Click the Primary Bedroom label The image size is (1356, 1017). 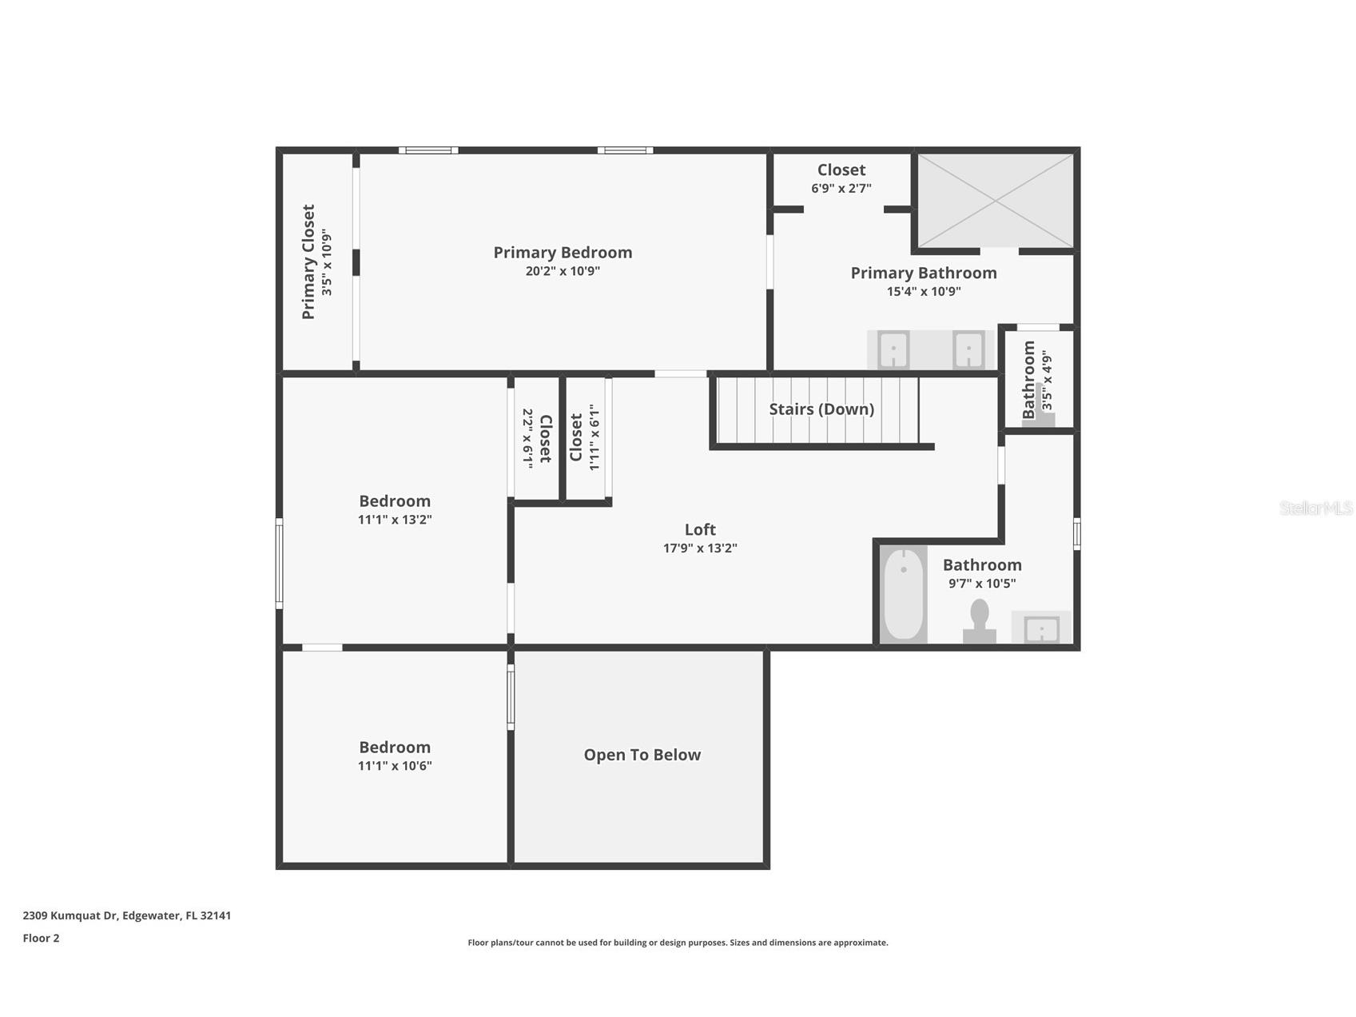coord(563,253)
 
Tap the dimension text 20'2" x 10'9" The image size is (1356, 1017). coord(563,271)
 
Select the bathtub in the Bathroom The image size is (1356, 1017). coord(904,594)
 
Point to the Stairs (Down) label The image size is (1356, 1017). coord(821,409)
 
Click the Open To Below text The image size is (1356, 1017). coord(642,756)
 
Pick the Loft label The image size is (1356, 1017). coord(700,529)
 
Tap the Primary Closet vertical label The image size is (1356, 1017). coord(308,262)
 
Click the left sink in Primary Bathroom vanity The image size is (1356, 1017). coord(893,350)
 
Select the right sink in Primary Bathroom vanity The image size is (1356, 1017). coord(968,350)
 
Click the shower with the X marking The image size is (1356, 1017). coord(995,201)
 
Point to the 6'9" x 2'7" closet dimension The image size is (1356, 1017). coord(841,189)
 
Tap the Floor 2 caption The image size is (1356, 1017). coord(41,939)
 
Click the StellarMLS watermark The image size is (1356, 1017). coord(1315,508)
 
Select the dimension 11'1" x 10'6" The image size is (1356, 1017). coord(395,766)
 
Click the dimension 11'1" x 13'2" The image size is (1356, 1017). coord(395,520)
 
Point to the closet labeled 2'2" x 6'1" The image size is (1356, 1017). coord(536,438)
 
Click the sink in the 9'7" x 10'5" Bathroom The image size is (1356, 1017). coord(1042,628)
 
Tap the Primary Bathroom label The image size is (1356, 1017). coord(923,273)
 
